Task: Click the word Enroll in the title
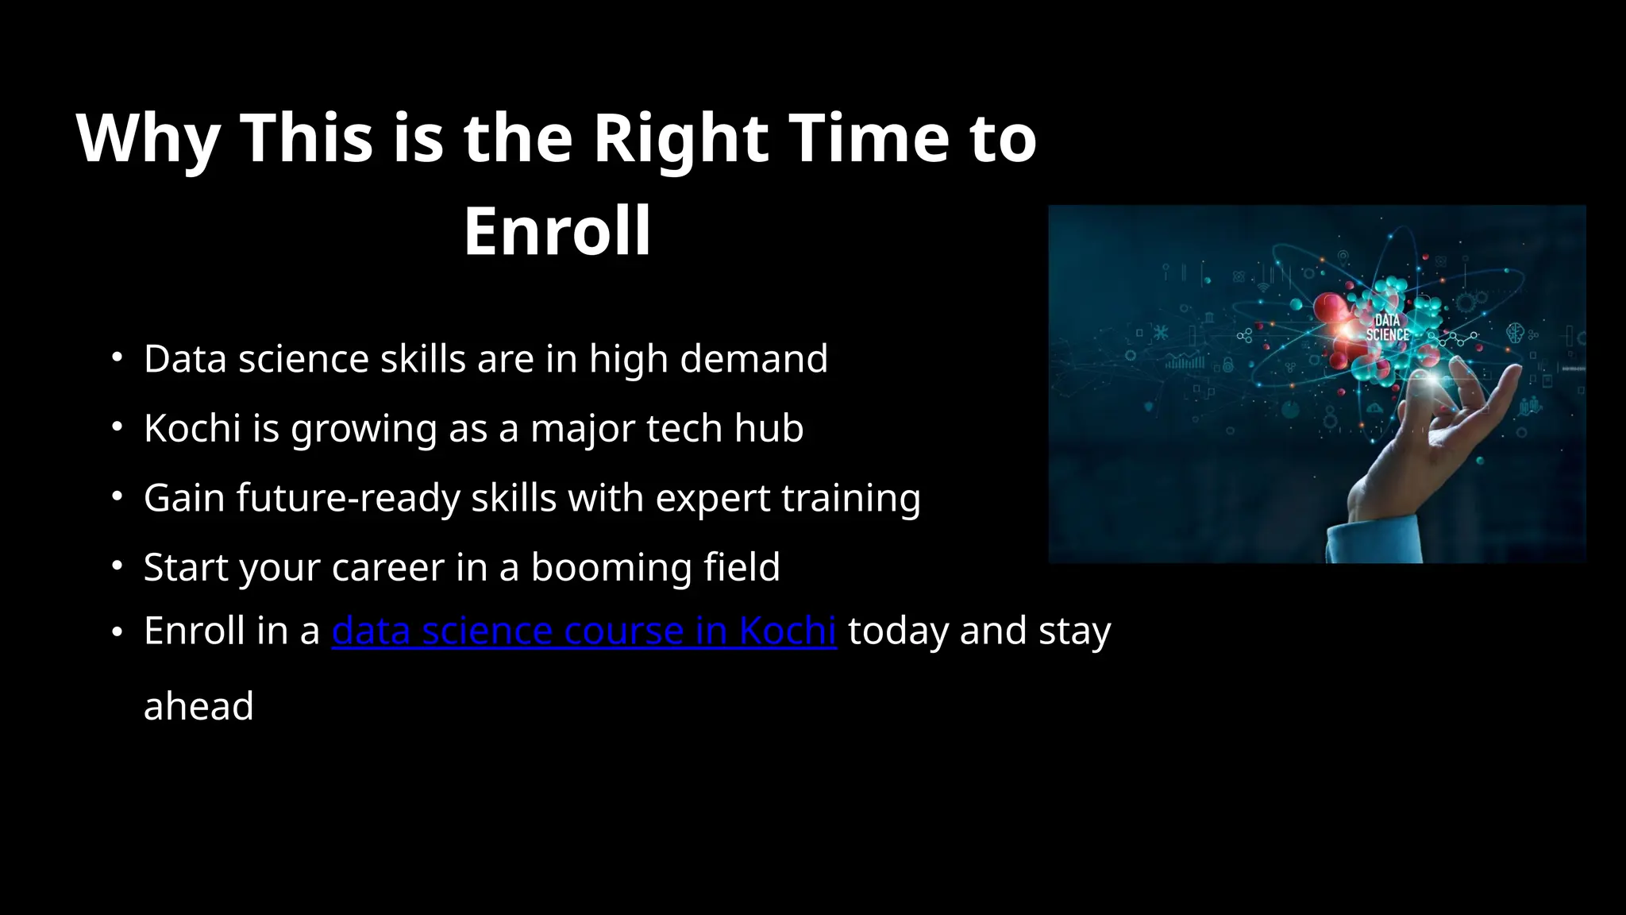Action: point(557,231)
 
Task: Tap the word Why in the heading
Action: point(148,139)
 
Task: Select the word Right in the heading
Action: point(681,139)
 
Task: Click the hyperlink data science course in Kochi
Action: point(584,631)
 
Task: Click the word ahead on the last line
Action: point(198,706)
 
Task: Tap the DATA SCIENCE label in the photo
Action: point(1387,327)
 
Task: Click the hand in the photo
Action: point(1421,445)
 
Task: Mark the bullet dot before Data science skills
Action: point(117,357)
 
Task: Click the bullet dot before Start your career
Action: point(117,566)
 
